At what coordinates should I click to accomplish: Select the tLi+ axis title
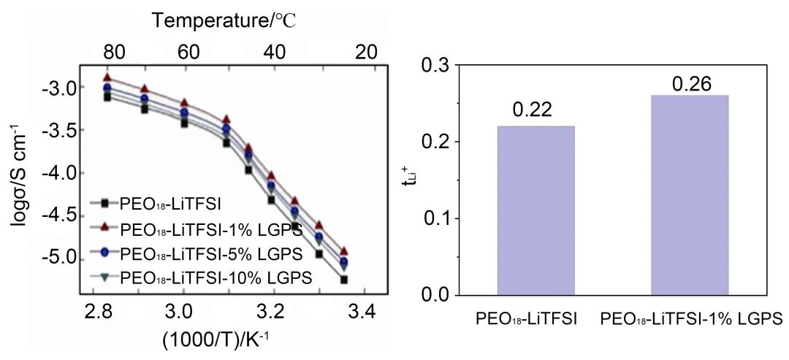(x=409, y=180)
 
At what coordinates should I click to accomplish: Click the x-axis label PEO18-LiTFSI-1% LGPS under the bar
(x=690, y=319)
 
